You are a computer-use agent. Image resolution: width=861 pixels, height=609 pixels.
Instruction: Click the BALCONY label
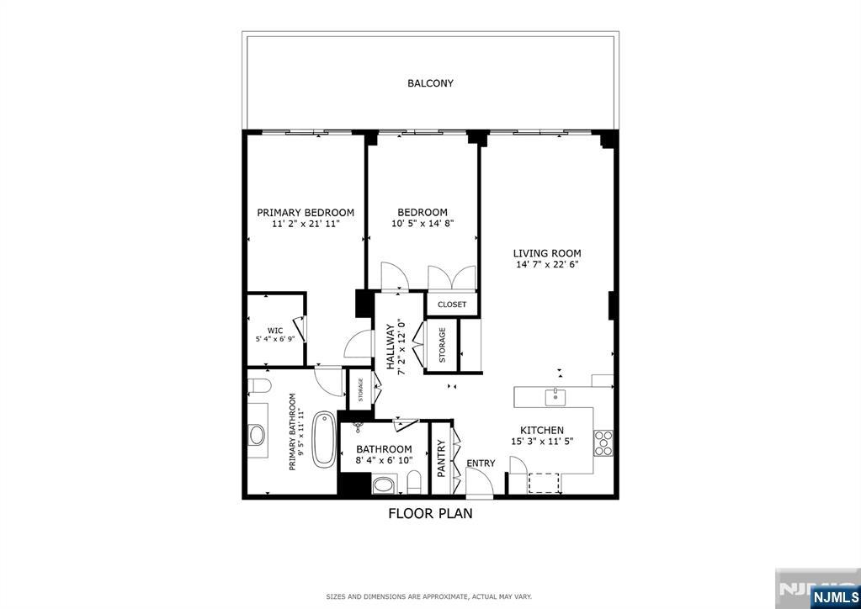[x=430, y=83]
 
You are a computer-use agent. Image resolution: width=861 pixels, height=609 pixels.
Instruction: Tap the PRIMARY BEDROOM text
[x=306, y=213]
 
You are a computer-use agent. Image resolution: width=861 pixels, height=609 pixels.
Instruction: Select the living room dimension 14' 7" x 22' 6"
[x=548, y=265]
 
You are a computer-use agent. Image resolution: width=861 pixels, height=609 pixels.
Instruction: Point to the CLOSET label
[x=452, y=304]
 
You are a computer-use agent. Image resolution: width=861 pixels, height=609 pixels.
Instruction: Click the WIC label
[x=275, y=331]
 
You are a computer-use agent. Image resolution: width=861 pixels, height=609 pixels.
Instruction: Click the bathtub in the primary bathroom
[x=324, y=439]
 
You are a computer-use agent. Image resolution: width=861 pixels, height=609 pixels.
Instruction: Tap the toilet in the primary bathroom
[x=258, y=387]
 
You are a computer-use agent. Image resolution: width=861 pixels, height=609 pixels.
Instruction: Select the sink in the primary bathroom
[x=257, y=435]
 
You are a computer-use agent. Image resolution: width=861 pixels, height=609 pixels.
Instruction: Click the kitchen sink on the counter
[x=555, y=396]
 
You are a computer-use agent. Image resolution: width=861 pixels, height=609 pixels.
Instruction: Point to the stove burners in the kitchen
[x=603, y=442]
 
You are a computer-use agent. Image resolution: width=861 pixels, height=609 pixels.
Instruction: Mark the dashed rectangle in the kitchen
[x=544, y=482]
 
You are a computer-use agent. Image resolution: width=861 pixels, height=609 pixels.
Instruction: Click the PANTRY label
[x=441, y=458]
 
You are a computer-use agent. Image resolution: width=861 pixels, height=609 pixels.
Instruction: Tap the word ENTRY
[x=481, y=463]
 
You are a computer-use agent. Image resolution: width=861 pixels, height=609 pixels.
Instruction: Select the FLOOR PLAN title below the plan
[x=430, y=513]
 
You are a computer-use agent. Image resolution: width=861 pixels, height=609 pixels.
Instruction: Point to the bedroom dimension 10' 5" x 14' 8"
[x=423, y=225]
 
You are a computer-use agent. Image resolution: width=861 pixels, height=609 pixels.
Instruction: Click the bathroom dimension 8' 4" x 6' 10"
[x=384, y=462]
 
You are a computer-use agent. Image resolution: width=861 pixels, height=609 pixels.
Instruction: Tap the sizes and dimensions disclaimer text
[x=429, y=596]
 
